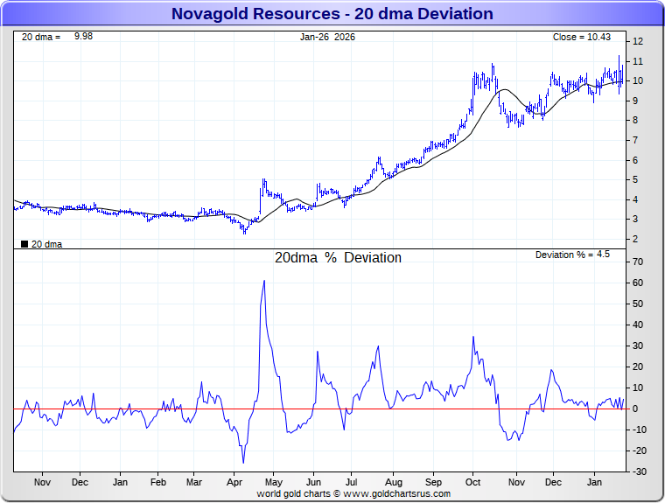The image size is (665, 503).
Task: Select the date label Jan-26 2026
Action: tap(327, 37)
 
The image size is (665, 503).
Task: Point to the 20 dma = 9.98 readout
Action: tap(56, 37)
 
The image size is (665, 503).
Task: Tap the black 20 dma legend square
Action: tap(24, 245)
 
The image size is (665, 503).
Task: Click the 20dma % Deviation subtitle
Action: tap(338, 258)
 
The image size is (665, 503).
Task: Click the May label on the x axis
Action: tap(274, 482)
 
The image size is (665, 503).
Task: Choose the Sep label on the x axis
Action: tap(434, 482)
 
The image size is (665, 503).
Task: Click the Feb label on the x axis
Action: tap(158, 482)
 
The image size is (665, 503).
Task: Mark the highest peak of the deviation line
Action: tap(263, 281)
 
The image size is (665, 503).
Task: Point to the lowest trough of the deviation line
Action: tap(243, 463)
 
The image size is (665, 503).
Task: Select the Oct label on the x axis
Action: tap(473, 482)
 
